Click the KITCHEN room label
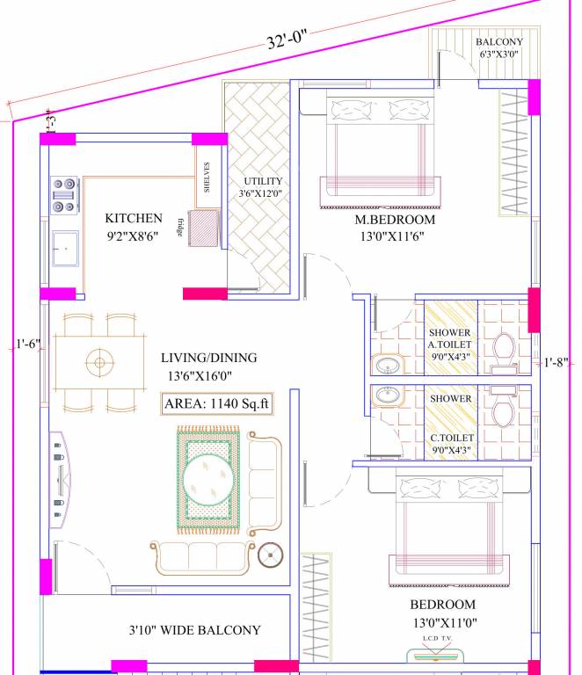coord(134,218)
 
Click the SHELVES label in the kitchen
coord(207,177)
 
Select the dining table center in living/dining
coord(99,361)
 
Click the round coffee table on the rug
coord(207,480)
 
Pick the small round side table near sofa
coord(270,554)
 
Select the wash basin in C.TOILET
coord(388,397)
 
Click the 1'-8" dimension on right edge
coord(557,361)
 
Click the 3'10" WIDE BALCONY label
coord(194,630)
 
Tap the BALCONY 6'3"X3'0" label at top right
coord(498,48)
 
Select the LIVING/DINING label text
coord(208,358)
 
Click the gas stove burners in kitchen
coord(64,196)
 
